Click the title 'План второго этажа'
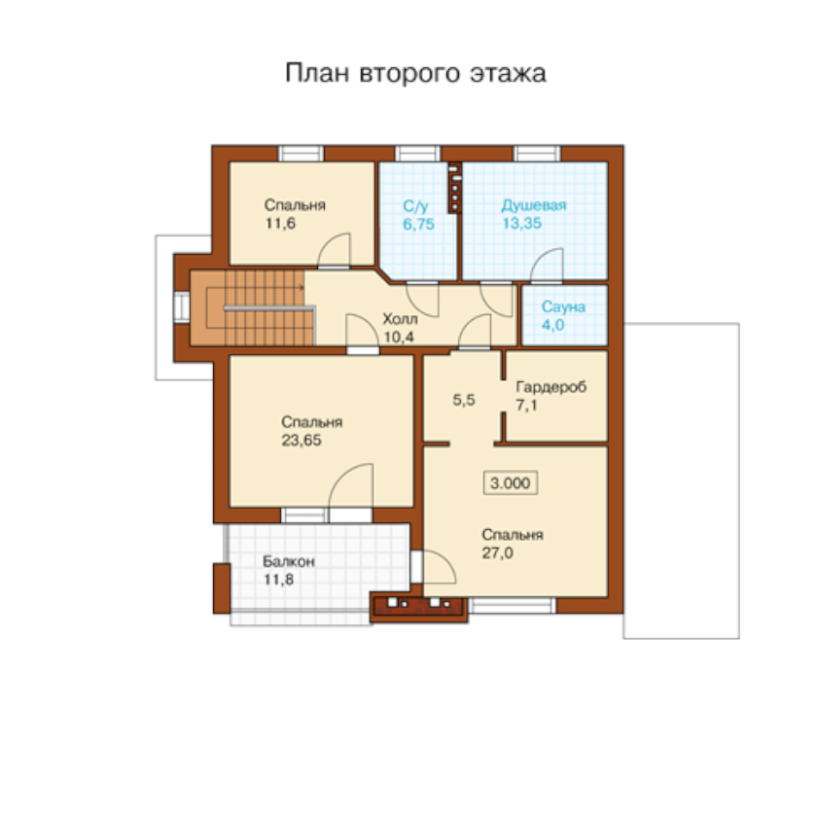tap(415, 73)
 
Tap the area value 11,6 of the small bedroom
tap(280, 224)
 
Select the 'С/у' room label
tap(415, 206)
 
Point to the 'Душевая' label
tap(534, 205)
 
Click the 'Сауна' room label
tap(563, 306)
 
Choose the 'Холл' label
tap(400, 318)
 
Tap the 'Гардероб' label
tap(551, 387)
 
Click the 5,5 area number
tap(464, 400)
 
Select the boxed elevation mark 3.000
tap(510, 483)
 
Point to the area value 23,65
tap(302, 441)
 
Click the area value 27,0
tap(497, 552)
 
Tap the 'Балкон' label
tap(288, 561)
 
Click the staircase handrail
tap(269, 308)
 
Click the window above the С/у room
tap(417, 154)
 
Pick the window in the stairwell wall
tap(182, 307)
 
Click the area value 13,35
tap(521, 224)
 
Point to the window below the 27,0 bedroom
tap(513, 605)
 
